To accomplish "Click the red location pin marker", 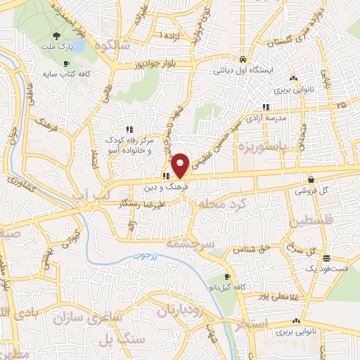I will pos(181,165).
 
